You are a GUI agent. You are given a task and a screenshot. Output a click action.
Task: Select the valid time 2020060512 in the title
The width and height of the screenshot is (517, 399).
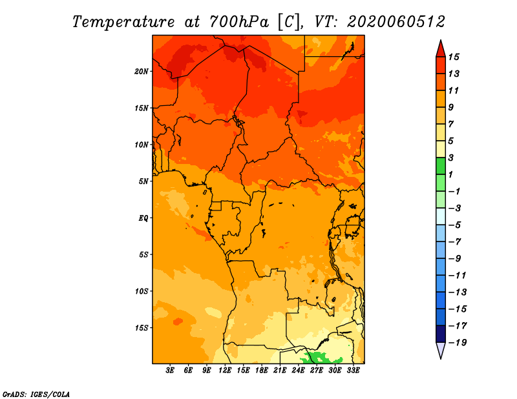(396, 21)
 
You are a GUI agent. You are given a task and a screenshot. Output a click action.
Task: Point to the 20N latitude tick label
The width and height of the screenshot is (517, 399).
(142, 71)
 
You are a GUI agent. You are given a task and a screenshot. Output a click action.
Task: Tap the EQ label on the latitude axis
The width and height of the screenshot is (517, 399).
(143, 218)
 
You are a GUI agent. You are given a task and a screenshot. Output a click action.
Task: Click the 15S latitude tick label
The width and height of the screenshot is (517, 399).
(142, 327)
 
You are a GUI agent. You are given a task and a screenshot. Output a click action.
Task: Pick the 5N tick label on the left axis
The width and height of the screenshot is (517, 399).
(143, 181)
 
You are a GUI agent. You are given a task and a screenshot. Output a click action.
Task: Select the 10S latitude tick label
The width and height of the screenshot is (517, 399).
(142, 291)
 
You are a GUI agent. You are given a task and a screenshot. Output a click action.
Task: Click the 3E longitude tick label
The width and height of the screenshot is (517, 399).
(171, 371)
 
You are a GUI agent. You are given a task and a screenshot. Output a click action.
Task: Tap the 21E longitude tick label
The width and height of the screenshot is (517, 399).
(280, 371)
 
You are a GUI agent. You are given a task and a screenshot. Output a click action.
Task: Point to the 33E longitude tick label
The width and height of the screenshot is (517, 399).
(353, 371)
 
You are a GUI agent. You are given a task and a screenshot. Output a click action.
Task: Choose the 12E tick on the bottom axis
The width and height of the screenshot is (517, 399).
(225, 371)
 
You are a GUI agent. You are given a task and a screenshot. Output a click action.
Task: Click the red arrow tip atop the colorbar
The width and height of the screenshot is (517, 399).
(440, 46)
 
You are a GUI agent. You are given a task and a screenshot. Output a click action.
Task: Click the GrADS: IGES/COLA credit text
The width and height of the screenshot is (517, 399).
(36, 393)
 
